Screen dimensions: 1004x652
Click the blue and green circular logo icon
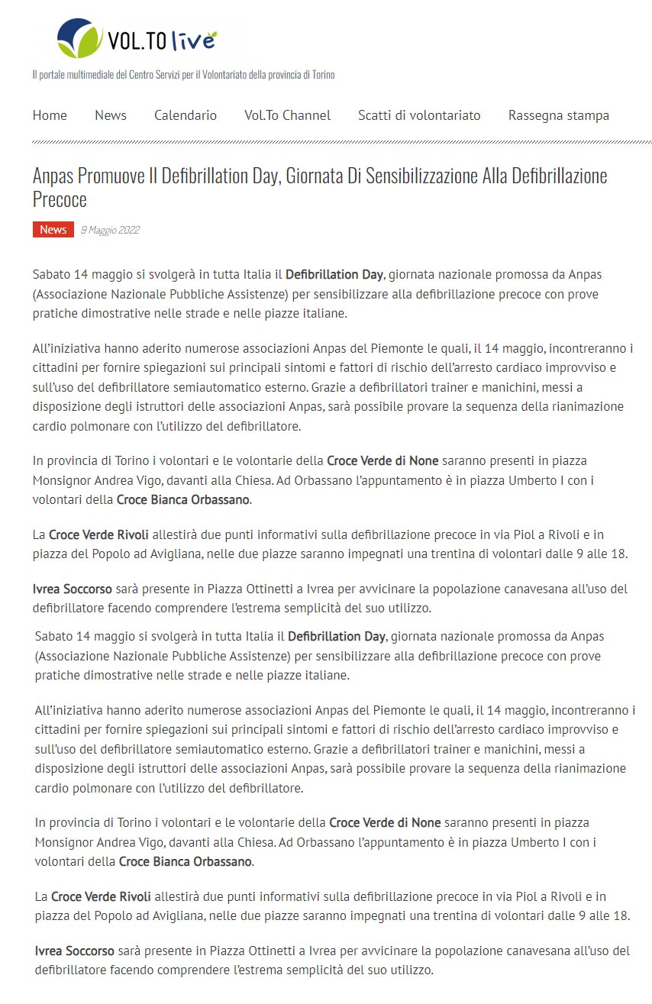pyautogui.click(x=79, y=38)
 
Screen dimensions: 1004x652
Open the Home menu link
pyautogui.click(x=50, y=115)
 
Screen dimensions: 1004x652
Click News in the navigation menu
pyautogui.click(x=111, y=115)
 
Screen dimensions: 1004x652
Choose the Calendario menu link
pyautogui.click(x=186, y=115)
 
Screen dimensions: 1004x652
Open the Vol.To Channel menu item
pyautogui.click(x=287, y=115)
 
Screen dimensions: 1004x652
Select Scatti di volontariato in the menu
pyautogui.click(x=419, y=115)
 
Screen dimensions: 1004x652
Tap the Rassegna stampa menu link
pyautogui.click(x=559, y=115)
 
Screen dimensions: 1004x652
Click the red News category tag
pyautogui.click(x=53, y=230)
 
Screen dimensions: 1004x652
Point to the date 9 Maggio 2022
pyautogui.click(x=110, y=230)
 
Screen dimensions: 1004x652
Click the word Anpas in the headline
pyautogui.click(x=55, y=176)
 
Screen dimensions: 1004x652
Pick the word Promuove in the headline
pyautogui.click(x=114, y=176)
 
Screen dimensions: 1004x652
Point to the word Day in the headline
pyautogui.click(x=267, y=176)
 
